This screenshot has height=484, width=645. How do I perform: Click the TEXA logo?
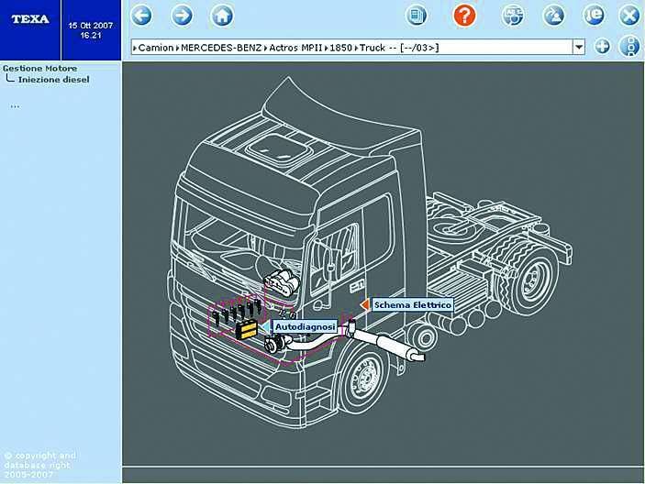30,19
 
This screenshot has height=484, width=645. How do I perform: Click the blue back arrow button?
141,16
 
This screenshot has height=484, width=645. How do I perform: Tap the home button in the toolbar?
222,16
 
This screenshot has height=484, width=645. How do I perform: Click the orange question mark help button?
464,16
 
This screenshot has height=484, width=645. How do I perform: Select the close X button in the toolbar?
629,16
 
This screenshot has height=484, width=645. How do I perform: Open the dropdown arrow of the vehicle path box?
579,48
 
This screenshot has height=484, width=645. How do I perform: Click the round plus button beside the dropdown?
602,47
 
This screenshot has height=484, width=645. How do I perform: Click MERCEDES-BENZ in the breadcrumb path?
221,48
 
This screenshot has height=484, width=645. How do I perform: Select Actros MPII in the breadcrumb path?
295,48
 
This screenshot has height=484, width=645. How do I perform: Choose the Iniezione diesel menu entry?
53,80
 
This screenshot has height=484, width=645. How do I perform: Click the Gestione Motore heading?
39,68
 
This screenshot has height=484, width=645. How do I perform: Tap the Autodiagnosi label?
305,327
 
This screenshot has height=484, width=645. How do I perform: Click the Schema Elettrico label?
413,305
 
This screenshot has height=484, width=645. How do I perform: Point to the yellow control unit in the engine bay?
247,329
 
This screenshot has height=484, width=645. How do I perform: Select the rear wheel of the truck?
530,279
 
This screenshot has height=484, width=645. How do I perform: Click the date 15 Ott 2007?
91,26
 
